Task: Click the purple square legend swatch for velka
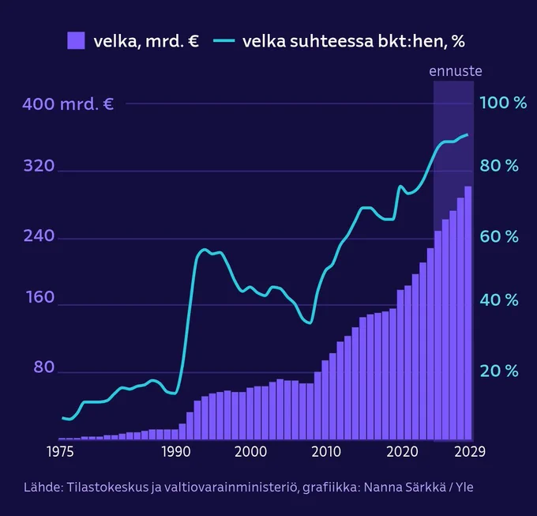click(x=76, y=40)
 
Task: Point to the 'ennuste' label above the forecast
click(x=456, y=71)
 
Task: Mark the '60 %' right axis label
click(x=501, y=236)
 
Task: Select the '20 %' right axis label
click(x=501, y=370)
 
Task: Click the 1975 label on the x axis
click(x=62, y=451)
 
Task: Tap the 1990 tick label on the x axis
click(x=175, y=451)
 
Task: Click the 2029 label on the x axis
click(x=469, y=451)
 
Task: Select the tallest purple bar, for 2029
click(x=468, y=316)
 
